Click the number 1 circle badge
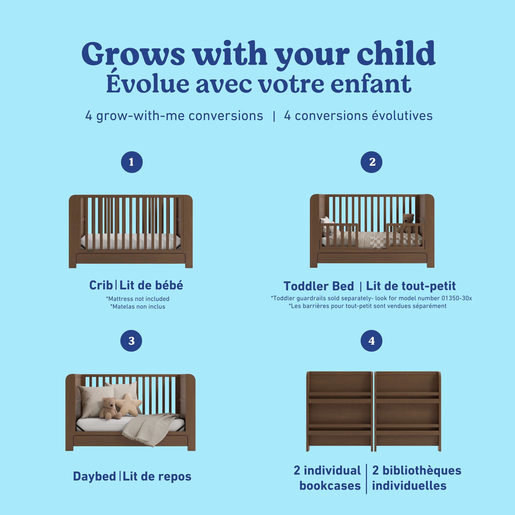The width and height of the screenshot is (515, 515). click(132, 162)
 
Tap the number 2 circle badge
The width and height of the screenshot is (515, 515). click(371, 162)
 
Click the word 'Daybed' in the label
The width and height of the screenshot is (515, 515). click(95, 476)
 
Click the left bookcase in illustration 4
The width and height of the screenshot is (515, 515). click(339, 412)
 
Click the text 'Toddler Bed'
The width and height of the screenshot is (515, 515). click(319, 286)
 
